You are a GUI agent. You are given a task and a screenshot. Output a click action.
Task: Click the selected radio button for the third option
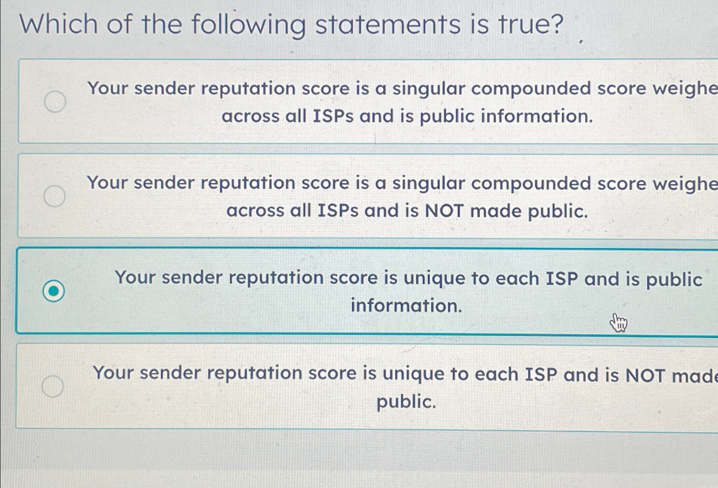click(x=54, y=291)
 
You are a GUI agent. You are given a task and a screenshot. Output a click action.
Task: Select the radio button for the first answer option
click(x=55, y=102)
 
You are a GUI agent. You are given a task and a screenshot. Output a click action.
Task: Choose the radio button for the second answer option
click(x=55, y=196)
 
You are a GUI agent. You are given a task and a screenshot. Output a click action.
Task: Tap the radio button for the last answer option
click(x=53, y=386)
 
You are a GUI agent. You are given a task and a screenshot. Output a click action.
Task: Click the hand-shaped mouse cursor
click(x=618, y=322)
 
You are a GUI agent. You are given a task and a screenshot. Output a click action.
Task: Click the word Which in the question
click(x=59, y=24)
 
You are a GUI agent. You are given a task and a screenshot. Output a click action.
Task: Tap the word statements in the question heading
click(x=388, y=25)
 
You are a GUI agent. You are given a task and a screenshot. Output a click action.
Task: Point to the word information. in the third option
click(x=406, y=305)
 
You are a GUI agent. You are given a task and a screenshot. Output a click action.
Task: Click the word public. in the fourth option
click(x=406, y=402)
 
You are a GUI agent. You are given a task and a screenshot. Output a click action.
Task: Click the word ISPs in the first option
click(x=333, y=116)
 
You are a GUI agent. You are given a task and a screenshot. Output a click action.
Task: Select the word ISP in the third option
click(x=562, y=279)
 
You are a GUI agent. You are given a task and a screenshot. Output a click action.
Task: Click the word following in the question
click(x=248, y=25)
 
